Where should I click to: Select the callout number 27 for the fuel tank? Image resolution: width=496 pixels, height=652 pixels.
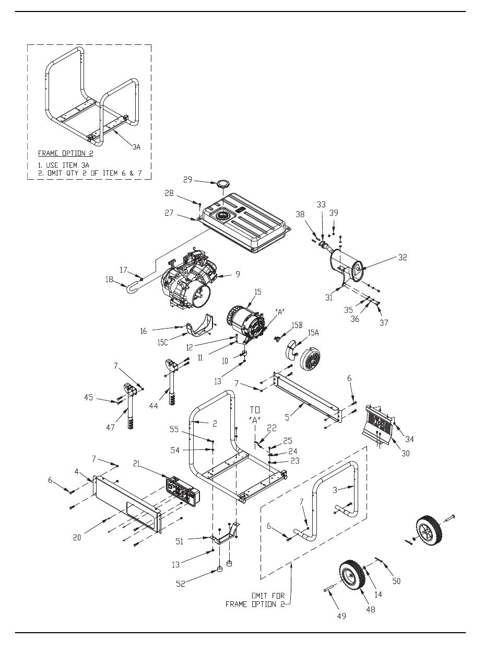(x=169, y=213)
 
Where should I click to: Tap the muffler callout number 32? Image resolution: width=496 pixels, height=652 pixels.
(x=403, y=257)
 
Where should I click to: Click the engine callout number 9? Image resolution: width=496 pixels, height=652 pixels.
(x=238, y=274)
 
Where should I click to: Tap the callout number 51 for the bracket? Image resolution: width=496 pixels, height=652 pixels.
(x=179, y=541)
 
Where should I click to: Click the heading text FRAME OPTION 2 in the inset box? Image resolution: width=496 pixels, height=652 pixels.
(x=66, y=153)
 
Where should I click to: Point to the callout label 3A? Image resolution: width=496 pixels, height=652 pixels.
(x=136, y=147)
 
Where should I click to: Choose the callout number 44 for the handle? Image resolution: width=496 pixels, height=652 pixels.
(x=153, y=405)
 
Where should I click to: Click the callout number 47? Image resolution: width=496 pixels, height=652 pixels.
(x=110, y=427)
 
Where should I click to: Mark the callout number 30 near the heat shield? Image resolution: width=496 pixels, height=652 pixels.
(x=405, y=453)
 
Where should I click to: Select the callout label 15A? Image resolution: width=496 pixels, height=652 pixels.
(x=313, y=332)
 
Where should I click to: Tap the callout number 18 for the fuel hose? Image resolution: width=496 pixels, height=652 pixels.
(x=109, y=279)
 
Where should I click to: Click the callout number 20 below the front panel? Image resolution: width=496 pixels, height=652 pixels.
(x=77, y=538)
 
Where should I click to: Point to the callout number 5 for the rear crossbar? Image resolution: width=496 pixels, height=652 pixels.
(x=287, y=417)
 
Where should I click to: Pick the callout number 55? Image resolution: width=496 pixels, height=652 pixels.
(x=174, y=429)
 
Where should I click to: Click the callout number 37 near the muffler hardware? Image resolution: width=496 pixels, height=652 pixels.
(x=384, y=322)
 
